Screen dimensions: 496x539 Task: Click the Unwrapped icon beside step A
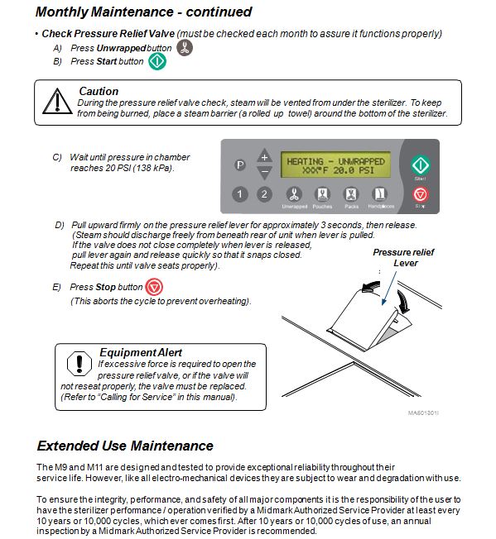[185, 48]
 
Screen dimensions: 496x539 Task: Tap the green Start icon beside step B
[157, 61]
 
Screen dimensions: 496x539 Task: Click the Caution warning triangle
[57, 101]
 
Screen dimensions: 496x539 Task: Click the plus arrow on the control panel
[264, 155]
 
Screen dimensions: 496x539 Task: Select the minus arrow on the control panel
[264, 172]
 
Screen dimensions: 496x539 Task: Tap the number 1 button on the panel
[240, 194]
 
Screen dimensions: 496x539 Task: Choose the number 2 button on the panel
[264, 194]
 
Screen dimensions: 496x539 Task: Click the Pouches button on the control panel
[322, 194]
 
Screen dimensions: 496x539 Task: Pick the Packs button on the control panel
[351, 194]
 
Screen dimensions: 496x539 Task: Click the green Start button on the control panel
[421, 165]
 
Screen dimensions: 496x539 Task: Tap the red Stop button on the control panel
[421, 194]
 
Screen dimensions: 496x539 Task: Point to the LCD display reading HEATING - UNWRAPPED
[335, 165]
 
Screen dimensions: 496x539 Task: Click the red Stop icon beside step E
[153, 287]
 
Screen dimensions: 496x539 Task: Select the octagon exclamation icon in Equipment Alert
[79, 364]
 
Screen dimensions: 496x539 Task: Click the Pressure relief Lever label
[403, 257]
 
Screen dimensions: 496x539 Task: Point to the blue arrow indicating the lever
[389, 288]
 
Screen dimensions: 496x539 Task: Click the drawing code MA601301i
[423, 413]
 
